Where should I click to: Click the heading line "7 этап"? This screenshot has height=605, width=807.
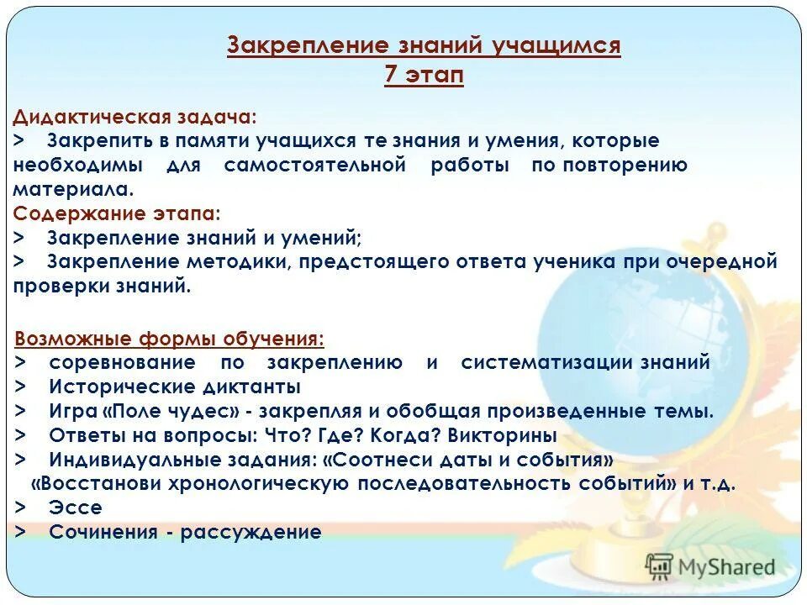[x=424, y=74]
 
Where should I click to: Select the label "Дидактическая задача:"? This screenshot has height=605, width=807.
[x=135, y=117]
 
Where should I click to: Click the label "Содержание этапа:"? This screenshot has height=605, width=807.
[x=118, y=213]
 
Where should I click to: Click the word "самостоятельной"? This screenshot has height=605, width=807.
[x=315, y=165]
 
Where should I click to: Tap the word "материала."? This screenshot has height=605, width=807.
[x=74, y=189]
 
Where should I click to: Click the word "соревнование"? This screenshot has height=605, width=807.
[x=123, y=363]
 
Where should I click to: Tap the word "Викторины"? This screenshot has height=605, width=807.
[x=502, y=436]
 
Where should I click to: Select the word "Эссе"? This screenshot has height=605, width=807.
[x=76, y=508]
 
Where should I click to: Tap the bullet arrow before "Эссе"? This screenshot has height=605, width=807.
[x=20, y=508]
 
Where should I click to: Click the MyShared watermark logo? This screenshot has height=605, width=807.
[x=710, y=566]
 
